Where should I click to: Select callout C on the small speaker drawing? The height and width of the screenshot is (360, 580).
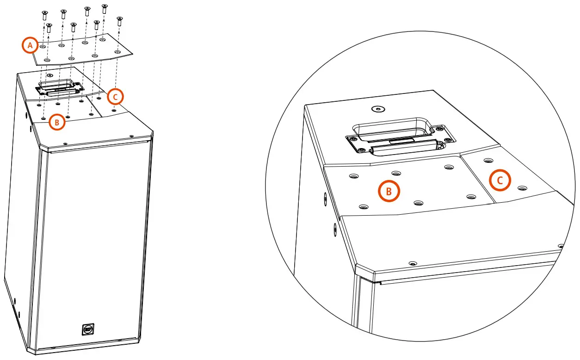pos(115,96)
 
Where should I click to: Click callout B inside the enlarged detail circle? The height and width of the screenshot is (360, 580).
pos(389,192)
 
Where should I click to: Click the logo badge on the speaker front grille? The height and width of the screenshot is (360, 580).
pos(87,329)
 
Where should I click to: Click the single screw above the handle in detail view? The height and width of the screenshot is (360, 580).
pos(378,109)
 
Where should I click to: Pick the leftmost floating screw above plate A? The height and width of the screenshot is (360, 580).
pos(45,15)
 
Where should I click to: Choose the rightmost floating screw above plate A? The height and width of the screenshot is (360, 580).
pos(120,20)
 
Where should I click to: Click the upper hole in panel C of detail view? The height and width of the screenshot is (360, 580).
pos(487,161)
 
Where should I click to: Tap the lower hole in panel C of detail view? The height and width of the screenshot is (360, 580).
pos(522,188)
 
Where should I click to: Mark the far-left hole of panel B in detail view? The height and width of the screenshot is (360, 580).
pos(354,176)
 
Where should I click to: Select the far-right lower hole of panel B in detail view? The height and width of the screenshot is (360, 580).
pos(471,197)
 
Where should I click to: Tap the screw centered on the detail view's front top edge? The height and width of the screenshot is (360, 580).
pos(413,263)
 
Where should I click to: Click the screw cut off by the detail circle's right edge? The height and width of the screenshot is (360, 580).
pos(561,246)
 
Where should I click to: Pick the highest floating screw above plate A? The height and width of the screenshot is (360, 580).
pos(104,8)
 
